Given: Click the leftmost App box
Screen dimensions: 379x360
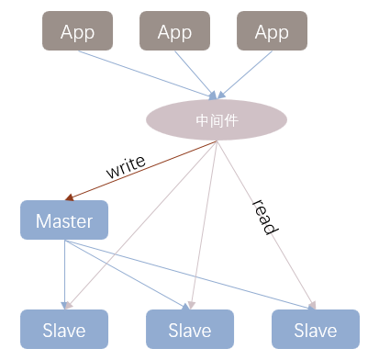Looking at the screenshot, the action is point(77,31).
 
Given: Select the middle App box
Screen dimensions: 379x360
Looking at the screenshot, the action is point(174,31).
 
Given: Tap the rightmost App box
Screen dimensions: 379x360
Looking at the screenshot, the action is point(272,31).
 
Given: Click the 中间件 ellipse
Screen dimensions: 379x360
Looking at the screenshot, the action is point(217,119).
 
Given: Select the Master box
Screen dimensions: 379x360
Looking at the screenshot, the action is point(64,219).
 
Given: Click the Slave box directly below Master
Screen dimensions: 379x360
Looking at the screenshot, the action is point(64,329).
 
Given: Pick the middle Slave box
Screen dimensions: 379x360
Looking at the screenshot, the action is point(190,329).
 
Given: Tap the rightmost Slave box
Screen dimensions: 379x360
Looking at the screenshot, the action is point(316,329).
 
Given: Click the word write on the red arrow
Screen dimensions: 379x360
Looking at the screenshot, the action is point(126,167).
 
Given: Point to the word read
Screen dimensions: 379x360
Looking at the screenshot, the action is point(265,217).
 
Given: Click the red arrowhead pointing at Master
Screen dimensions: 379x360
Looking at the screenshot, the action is point(70,197).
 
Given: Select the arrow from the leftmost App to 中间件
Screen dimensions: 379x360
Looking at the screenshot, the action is point(148,75).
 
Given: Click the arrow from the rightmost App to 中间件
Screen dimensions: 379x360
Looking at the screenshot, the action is point(245,75).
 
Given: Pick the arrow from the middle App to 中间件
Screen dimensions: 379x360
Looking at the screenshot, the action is point(195,75).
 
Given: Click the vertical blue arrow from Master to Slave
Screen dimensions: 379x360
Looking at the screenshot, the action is point(64,275).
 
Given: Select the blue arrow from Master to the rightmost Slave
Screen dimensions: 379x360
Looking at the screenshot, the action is point(190,275).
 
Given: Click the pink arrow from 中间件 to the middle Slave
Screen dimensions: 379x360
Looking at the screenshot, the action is point(204,225).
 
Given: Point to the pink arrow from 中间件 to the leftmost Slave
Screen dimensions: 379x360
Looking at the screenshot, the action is point(141,225).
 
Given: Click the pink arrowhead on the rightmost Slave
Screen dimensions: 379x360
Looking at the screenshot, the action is point(313,305).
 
